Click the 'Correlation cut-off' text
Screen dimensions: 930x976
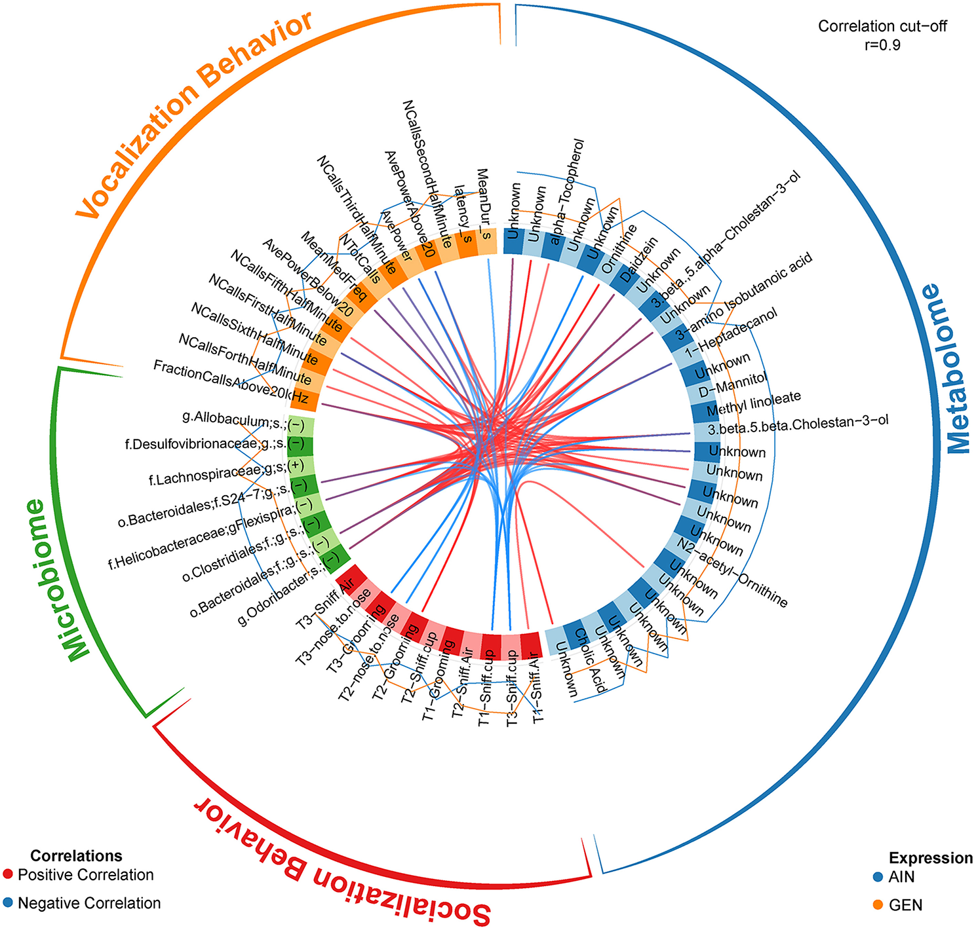coord(882,27)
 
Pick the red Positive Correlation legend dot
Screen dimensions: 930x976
coord(8,875)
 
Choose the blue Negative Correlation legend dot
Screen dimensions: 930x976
coord(8,904)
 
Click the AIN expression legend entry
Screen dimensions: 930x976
coord(901,877)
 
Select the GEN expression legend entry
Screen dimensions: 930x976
coord(905,905)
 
